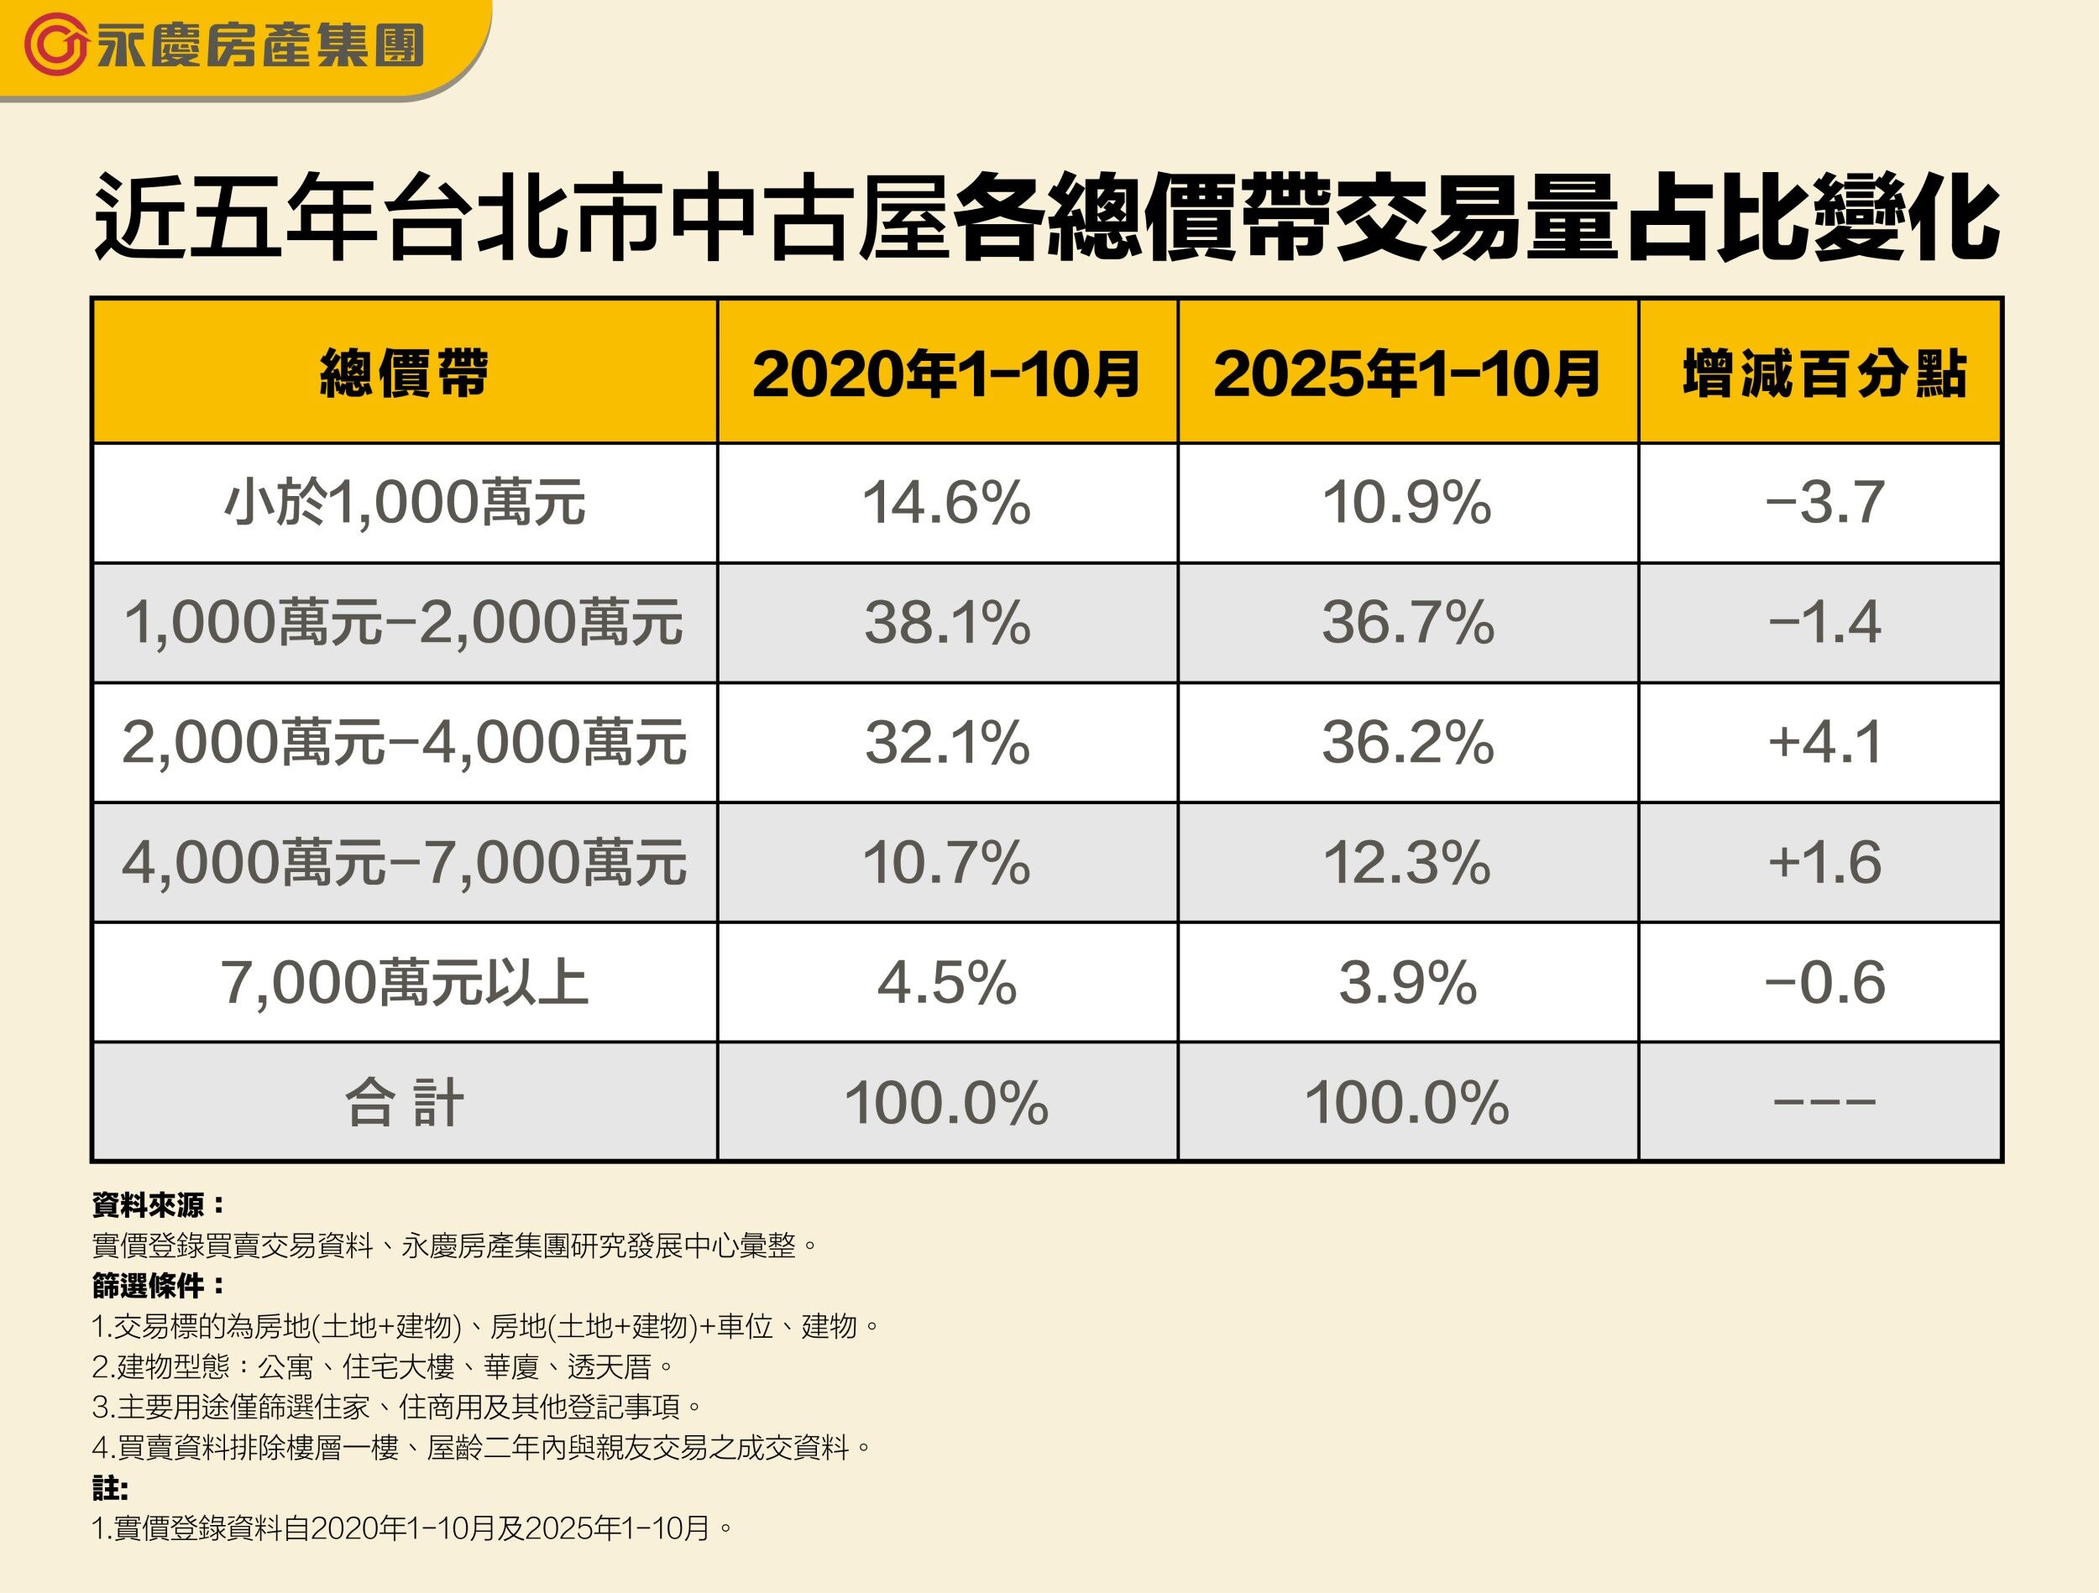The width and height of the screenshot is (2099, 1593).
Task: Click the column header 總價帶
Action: click(404, 373)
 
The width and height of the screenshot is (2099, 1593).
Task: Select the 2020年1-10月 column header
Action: click(946, 373)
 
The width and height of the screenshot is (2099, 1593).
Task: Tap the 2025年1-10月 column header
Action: click(1407, 373)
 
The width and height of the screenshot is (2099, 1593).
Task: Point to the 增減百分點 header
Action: click(1824, 373)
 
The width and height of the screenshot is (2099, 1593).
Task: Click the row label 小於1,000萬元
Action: click(404, 503)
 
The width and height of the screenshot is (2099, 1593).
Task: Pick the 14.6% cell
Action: click(946, 503)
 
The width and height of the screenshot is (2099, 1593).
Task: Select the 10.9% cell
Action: click(1407, 503)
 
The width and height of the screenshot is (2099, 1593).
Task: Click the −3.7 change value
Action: click(1824, 503)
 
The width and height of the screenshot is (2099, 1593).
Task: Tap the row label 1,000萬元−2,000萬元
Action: click(404, 624)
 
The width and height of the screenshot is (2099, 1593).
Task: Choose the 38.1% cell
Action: click(946, 624)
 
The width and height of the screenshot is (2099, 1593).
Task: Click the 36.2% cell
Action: click(1407, 743)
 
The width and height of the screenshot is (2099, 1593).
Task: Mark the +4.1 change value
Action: click(1824, 743)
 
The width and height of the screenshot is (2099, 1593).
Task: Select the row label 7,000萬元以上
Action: click(404, 983)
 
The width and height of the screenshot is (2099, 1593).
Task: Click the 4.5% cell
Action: click(946, 983)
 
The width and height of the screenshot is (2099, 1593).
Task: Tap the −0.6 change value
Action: click(1824, 983)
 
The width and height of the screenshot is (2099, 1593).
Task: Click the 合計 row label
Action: click(404, 1104)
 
